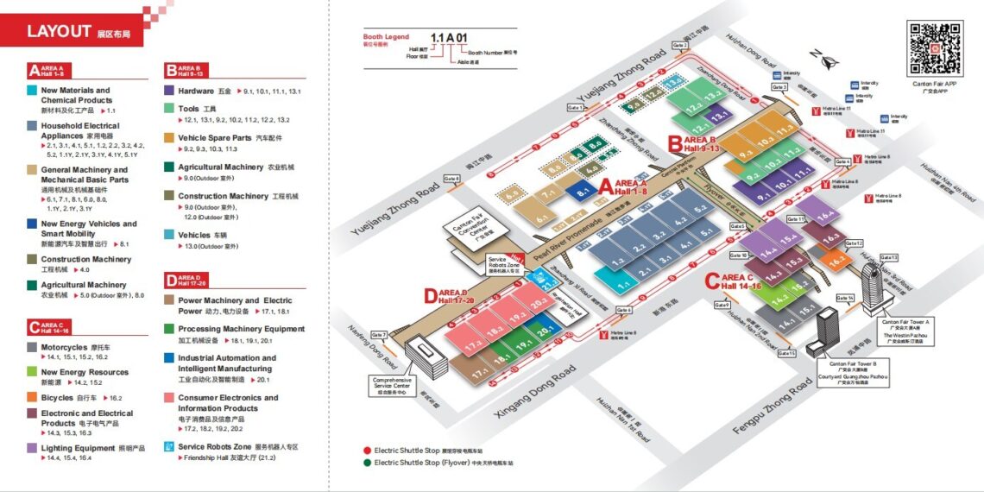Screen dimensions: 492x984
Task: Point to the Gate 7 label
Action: pyautogui.click(x=379, y=334)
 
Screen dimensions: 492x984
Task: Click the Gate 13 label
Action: pyautogui.click(x=888, y=258)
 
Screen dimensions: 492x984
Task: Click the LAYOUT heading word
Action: pyautogui.click(x=59, y=31)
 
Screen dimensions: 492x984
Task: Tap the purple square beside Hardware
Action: pyautogui.click(x=170, y=91)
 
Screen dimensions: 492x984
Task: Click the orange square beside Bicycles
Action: pyautogui.click(x=33, y=398)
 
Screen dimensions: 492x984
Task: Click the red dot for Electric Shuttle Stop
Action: pyautogui.click(x=368, y=450)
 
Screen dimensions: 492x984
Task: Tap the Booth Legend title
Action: pyautogui.click(x=386, y=37)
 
